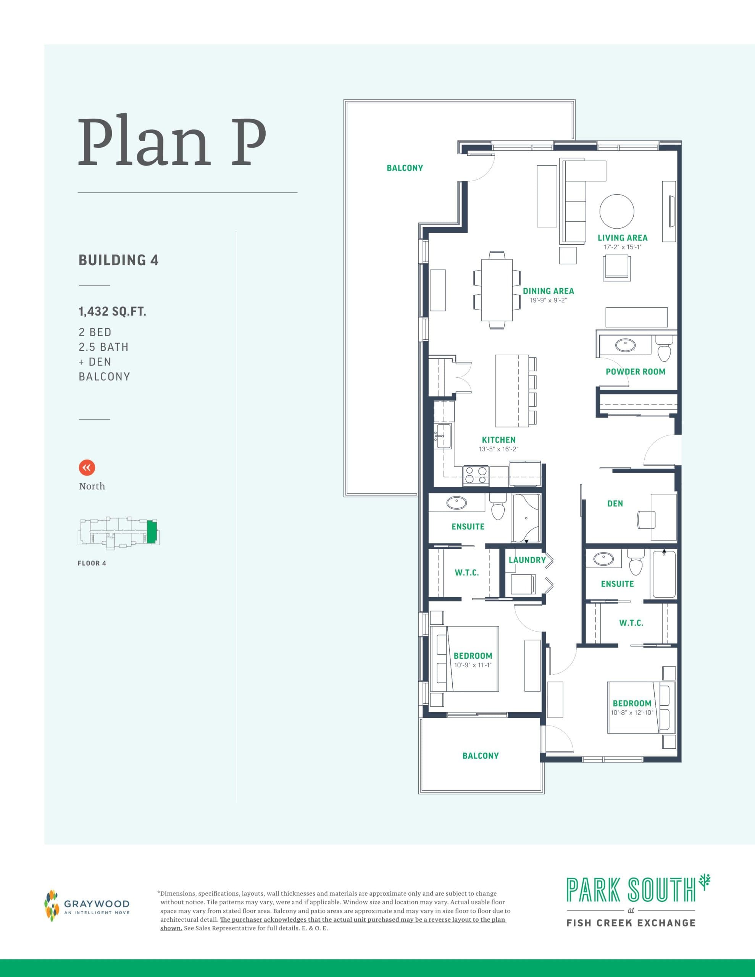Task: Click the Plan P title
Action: click(x=172, y=142)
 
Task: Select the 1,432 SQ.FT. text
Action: click(x=112, y=311)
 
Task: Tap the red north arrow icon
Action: click(x=87, y=468)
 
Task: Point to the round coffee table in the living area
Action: click(x=616, y=211)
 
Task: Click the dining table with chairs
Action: click(x=497, y=290)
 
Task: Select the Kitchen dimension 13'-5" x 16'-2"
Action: click(x=498, y=449)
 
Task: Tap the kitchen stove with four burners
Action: click(x=476, y=475)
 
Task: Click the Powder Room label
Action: click(x=635, y=372)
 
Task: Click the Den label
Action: click(x=615, y=504)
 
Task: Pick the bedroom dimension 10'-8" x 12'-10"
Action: click(x=632, y=713)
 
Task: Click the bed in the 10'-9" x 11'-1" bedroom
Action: click(x=465, y=658)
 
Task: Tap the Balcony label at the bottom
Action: click(x=480, y=756)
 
